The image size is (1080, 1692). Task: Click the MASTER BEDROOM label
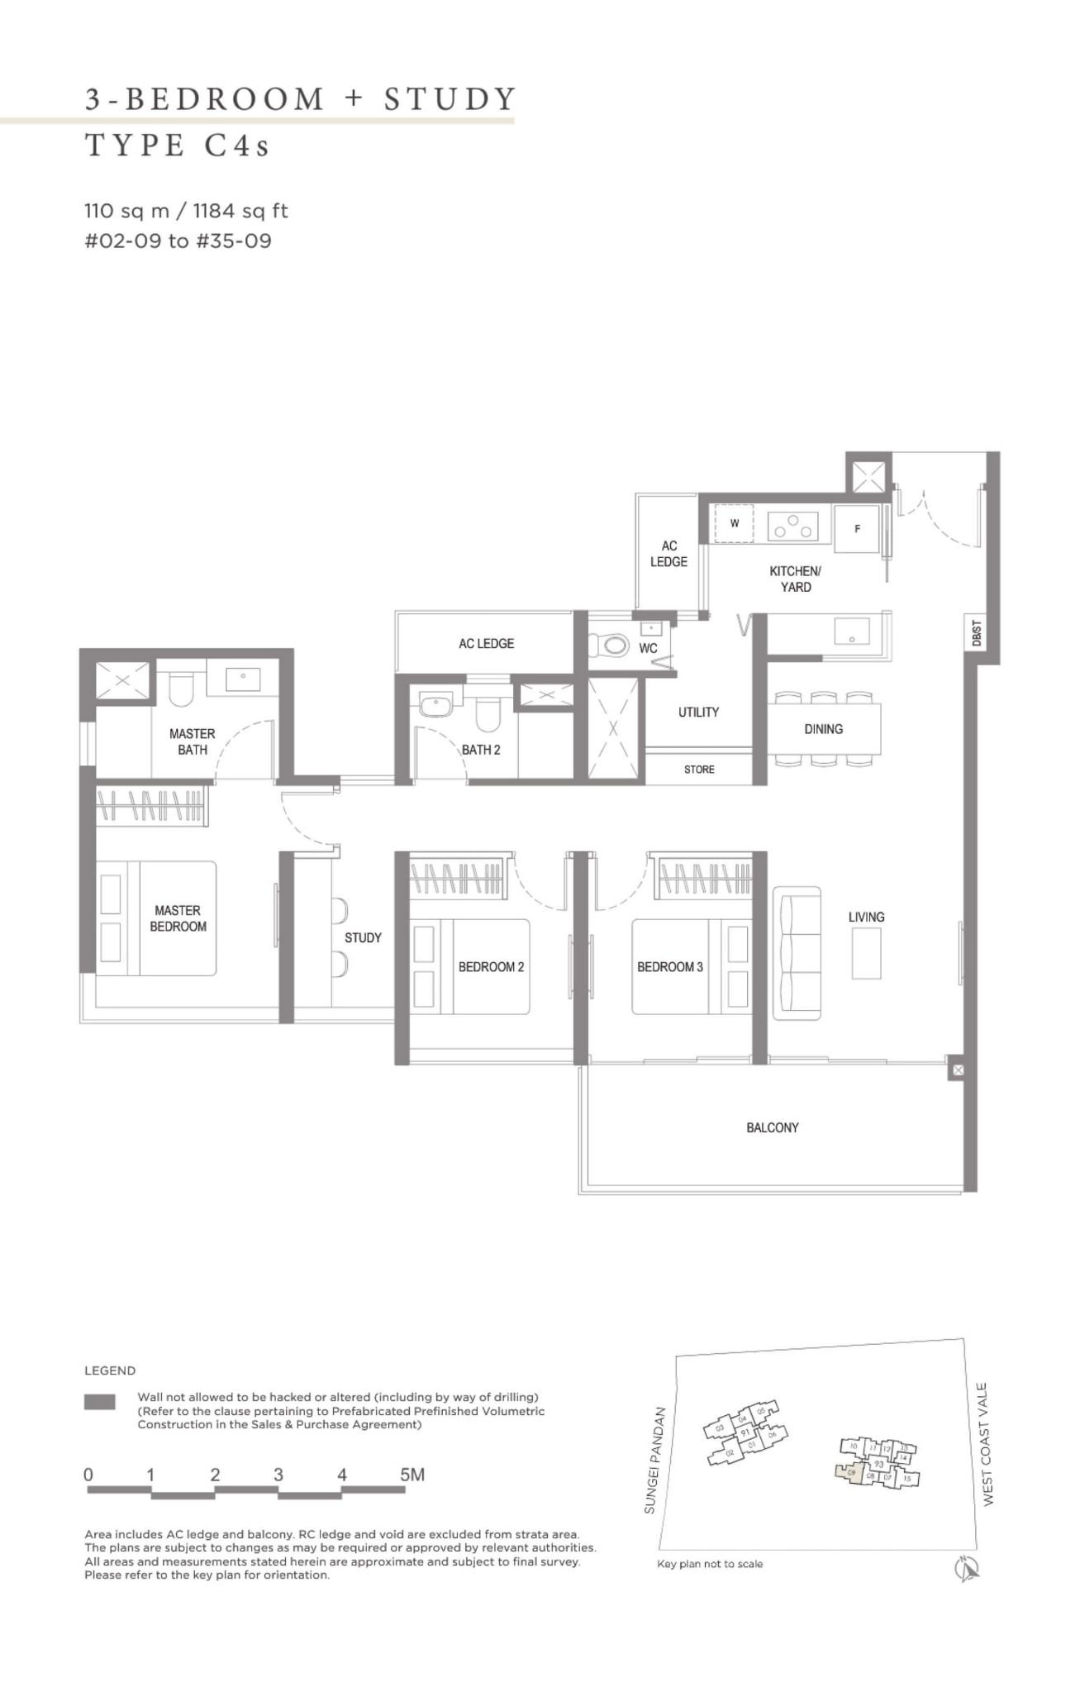pyautogui.click(x=178, y=918)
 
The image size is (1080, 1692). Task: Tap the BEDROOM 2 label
pyautogui.click(x=491, y=966)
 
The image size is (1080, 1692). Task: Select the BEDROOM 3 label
pyautogui.click(x=669, y=966)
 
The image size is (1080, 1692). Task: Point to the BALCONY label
pyautogui.click(x=772, y=1127)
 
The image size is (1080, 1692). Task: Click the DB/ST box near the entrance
pyautogui.click(x=978, y=634)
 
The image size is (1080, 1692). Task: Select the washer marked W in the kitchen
pyautogui.click(x=734, y=524)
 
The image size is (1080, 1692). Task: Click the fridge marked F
pyautogui.click(x=858, y=528)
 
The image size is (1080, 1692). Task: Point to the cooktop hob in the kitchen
pyautogui.click(x=792, y=526)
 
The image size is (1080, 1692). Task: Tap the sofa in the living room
pyautogui.click(x=797, y=953)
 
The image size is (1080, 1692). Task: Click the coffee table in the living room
pyautogui.click(x=866, y=953)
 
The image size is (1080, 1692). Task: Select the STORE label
pyautogui.click(x=699, y=770)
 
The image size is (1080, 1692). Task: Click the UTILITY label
pyautogui.click(x=698, y=712)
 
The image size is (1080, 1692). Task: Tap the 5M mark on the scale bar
pyautogui.click(x=412, y=1475)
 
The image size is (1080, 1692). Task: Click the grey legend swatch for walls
pyautogui.click(x=100, y=1402)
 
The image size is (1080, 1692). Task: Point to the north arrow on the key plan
pyautogui.click(x=966, y=1568)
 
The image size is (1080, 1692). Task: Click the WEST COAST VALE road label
pyautogui.click(x=987, y=1444)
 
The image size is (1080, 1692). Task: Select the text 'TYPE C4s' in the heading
pyautogui.click(x=178, y=145)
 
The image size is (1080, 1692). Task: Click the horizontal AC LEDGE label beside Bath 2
pyautogui.click(x=486, y=643)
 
